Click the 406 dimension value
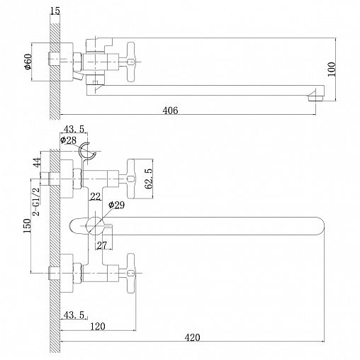click(170, 110)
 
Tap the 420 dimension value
click(192, 337)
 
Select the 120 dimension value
click(98, 327)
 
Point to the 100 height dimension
click(332, 69)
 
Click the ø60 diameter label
click(28, 62)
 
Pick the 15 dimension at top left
click(55, 11)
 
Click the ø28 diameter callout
click(68, 140)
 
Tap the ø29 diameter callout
click(116, 205)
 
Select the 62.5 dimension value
click(149, 179)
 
